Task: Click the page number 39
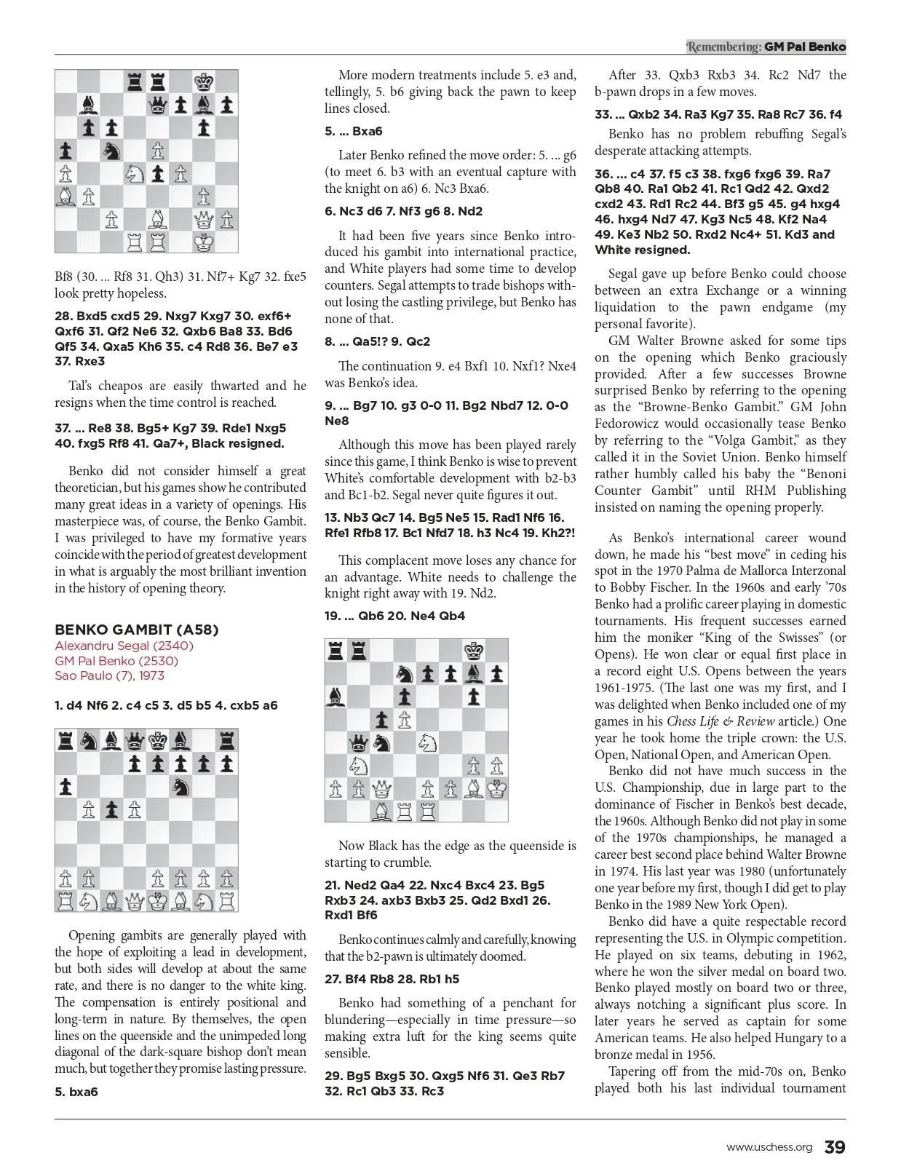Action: coord(834,1147)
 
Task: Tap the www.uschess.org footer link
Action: coord(769,1148)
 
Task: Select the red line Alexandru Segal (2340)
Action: coord(124,646)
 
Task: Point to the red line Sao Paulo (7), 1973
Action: coord(109,675)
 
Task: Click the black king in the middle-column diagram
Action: coord(475,649)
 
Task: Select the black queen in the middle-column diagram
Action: coord(358,742)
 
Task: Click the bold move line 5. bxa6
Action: coord(76,1092)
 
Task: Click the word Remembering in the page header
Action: coord(723,47)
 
